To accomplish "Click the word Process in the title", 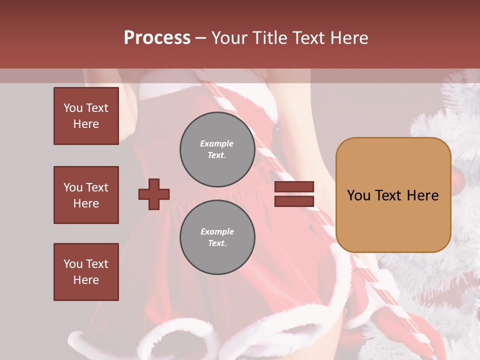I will [157, 38].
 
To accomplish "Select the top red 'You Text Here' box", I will [86, 116].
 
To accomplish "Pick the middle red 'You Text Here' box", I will [86, 195].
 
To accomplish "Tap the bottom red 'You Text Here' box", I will [86, 272].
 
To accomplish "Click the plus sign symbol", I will [154, 194].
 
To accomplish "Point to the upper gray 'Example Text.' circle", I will [217, 149].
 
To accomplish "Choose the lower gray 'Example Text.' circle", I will [217, 237].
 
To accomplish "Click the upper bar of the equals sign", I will [294, 187].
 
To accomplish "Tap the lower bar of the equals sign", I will [294, 201].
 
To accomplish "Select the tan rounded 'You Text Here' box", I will [393, 195].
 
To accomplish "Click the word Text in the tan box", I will [391, 195].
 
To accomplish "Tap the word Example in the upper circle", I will [217, 143].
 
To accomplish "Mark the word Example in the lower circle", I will [217, 231].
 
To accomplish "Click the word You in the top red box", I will [72, 108].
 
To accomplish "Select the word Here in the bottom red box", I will [86, 280].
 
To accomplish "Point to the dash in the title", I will [201, 38].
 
